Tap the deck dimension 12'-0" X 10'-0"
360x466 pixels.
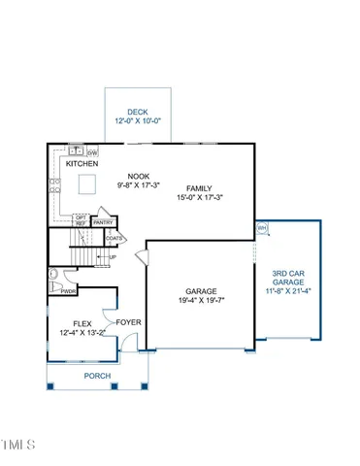139,121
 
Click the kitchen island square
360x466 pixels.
88,184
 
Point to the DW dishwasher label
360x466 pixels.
92,152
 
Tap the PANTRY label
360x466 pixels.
104,222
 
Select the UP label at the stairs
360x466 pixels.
113,257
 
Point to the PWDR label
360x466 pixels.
69,290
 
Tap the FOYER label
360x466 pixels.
128,322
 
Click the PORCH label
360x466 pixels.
97,376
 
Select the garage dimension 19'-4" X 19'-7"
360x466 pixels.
201,302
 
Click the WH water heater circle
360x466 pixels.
262,228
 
